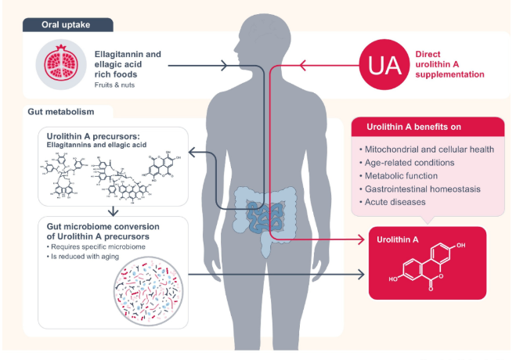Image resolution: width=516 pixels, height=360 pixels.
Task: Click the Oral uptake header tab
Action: [x=69, y=25]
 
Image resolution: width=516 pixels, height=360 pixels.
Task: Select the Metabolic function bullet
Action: [x=402, y=176]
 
